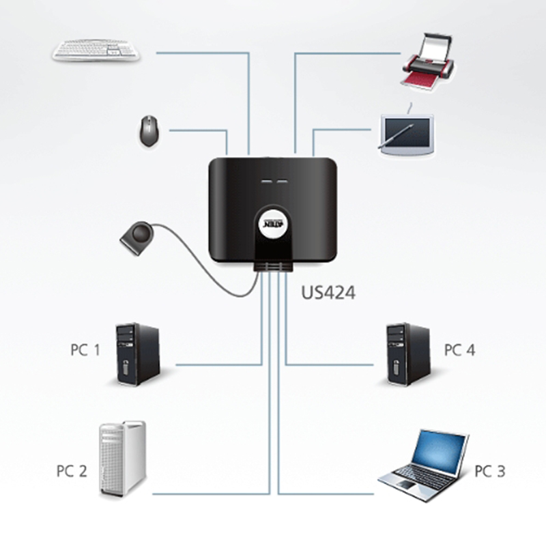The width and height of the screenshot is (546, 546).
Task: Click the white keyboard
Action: coord(96,50)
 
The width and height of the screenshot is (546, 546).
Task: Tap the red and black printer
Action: coord(427,64)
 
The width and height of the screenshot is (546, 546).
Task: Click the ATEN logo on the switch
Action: coord(273,226)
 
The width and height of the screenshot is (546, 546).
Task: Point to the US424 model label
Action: coord(328,293)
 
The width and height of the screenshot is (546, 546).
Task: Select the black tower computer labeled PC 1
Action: coord(137,354)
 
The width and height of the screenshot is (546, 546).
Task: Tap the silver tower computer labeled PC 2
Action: coord(123,458)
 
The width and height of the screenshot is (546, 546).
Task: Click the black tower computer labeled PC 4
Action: coord(407,354)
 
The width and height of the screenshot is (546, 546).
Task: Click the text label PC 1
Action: coord(85,350)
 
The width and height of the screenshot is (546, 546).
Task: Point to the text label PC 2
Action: coord(72,470)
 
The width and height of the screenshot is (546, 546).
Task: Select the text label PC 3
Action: coord(490,471)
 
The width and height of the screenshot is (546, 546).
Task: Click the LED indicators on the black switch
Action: coord(272,183)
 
